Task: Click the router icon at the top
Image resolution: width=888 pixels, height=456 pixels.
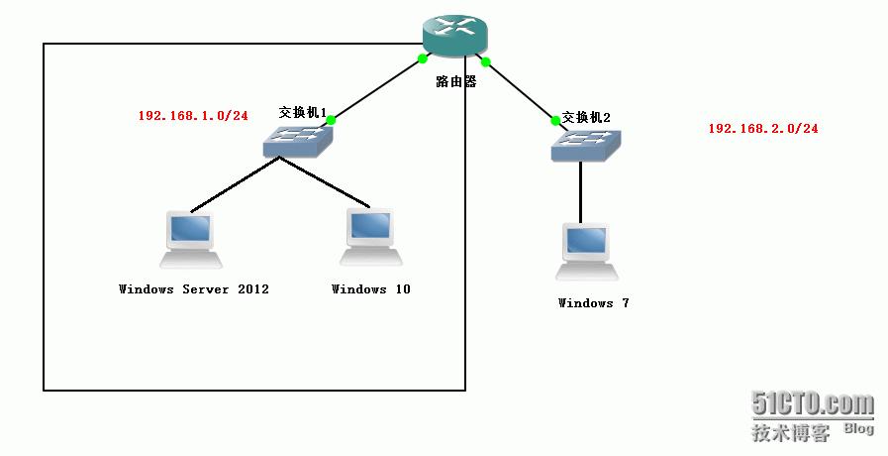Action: coord(455,36)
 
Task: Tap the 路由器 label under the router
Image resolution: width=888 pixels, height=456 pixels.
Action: coord(456,82)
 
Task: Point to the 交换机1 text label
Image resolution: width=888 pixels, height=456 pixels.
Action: coord(302,113)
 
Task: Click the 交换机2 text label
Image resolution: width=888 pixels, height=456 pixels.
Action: coord(586,117)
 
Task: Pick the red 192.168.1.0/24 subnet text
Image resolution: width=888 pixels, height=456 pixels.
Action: coord(193,116)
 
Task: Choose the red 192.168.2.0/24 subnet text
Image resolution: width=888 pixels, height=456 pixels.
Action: coord(763,129)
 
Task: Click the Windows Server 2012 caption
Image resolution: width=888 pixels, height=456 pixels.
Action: coord(194,289)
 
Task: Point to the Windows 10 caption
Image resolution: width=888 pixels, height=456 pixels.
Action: coord(370,289)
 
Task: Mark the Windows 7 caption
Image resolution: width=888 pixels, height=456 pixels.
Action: coord(593,303)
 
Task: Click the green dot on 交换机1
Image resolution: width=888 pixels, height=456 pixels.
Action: coord(331,120)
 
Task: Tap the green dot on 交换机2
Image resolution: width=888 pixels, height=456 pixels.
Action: coord(555,121)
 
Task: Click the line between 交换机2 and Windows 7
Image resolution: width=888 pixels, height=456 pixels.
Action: coord(581,193)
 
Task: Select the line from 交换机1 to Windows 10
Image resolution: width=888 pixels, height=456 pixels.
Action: coord(327,184)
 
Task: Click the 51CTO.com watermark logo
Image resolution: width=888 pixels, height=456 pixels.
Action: coord(813,404)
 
